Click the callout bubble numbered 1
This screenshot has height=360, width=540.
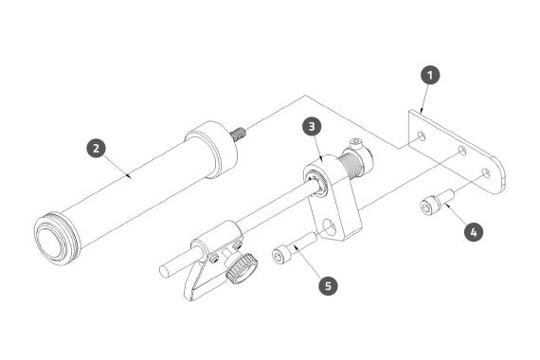tap(430, 75)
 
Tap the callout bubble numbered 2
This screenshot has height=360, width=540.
tap(96, 148)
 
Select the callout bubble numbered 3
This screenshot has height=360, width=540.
tap(312, 126)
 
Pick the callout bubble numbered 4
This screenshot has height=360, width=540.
tap(474, 232)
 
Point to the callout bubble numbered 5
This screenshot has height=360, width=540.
tap(328, 285)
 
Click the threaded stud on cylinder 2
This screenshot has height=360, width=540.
tap(239, 133)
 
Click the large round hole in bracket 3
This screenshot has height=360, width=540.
tap(330, 227)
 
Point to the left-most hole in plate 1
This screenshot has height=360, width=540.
tap(422, 135)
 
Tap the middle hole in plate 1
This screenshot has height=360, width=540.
tap(462, 151)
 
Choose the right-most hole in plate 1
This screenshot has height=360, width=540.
tap(486, 173)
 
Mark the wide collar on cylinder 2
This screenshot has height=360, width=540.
tap(212, 150)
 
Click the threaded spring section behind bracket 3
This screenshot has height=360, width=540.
tap(351, 167)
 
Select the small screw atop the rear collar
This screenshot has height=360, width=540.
tap(356, 142)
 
